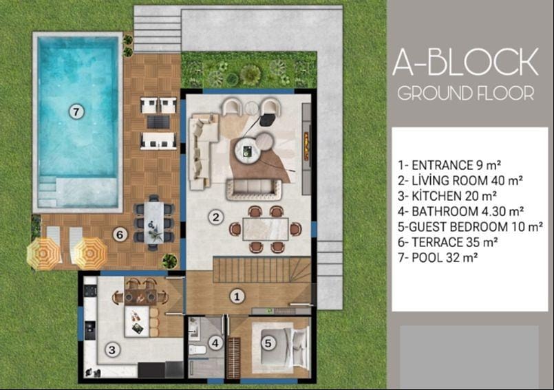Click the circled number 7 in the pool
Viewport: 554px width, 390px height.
point(76,112)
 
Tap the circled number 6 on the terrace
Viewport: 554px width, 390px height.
point(120,235)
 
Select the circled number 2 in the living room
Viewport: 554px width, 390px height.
point(215,217)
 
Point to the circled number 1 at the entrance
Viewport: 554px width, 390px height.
point(237,296)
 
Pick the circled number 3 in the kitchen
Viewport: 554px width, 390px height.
point(112,349)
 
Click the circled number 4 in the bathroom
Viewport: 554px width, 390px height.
point(215,343)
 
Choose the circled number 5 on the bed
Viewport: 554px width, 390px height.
point(268,343)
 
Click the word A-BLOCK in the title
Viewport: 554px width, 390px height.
point(466,62)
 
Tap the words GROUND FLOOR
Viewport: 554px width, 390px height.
point(466,94)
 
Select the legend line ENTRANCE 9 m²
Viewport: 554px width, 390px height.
point(449,165)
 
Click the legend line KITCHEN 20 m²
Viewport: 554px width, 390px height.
point(447,196)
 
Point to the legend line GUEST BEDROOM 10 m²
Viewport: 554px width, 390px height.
point(470,227)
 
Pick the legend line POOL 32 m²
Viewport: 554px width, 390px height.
point(438,257)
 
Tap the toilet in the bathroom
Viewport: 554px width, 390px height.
point(197,350)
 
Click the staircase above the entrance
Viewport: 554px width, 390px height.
point(262,270)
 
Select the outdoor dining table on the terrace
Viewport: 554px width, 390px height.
point(153,222)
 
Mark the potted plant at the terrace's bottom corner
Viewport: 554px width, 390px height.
point(169,261)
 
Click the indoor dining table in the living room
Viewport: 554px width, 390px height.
point(266,229)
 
